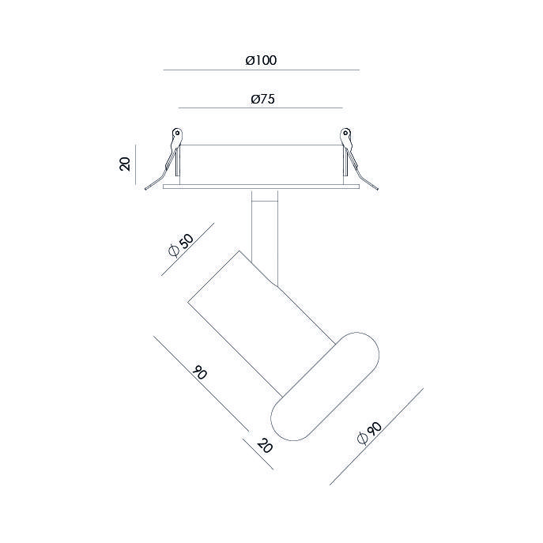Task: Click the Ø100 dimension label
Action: [x=261, y=60]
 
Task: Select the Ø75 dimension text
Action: [x=263, y=99]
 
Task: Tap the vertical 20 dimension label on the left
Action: [x=125, y=164]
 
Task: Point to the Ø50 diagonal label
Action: [x=181, y=245]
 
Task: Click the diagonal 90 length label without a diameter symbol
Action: [x=200, y=372]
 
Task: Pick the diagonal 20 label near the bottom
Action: [x=265, y=445]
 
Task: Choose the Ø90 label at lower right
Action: [x=369, y=433]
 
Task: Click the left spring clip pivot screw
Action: [x=178, y=133]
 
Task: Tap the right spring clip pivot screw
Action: [x=345, y=132]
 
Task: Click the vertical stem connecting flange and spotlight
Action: [x=265, y=236]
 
